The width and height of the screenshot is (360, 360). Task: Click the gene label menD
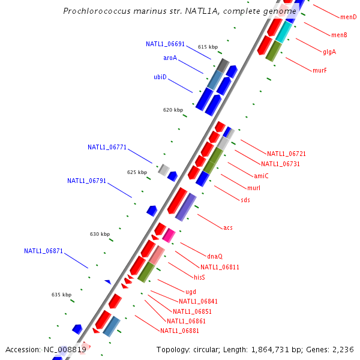[348, 17]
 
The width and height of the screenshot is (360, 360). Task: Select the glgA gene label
[329, 52]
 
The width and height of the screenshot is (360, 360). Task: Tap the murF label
[319, 70]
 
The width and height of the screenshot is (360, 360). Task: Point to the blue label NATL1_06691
[165, 44]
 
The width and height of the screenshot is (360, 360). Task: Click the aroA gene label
[170, 58]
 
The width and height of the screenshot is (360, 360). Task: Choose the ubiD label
[160, 77]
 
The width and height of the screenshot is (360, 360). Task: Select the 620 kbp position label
[173, 110]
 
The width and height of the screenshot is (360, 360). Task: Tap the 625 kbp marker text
[137, 172]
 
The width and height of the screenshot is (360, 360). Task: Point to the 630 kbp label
[100, 234]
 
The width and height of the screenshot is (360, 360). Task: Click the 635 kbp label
[61, 295]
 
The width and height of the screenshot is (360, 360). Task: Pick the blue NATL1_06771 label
[107, 147]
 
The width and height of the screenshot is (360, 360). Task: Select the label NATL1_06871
[43, 251]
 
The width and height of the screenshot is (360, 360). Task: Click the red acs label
[228, 227]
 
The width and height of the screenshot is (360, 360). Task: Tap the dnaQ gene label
[215, 256]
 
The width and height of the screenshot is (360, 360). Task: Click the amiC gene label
[261, 176]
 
